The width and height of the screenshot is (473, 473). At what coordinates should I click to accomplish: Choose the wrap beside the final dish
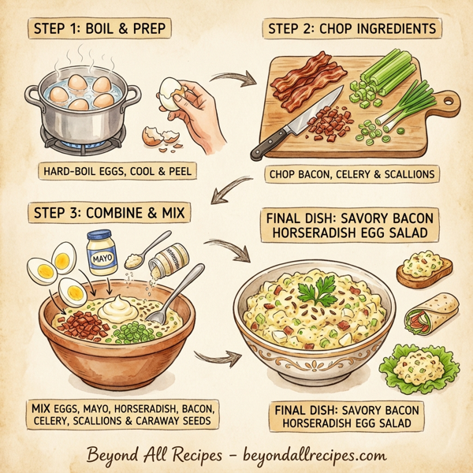point(430,313)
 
